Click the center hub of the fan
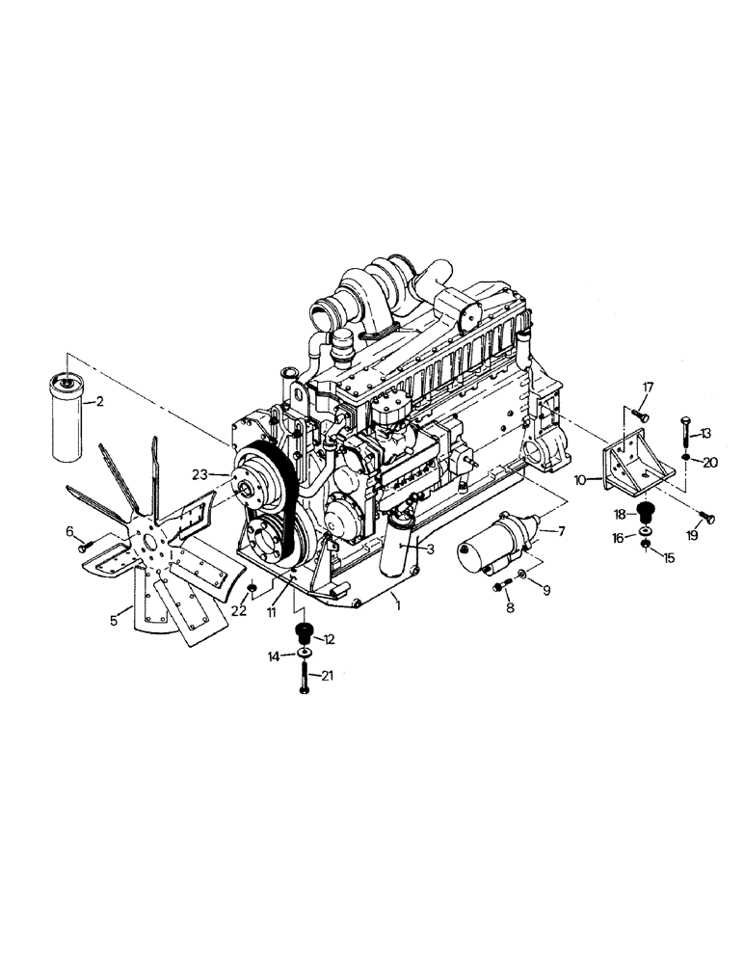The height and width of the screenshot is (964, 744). [x=155, y=549]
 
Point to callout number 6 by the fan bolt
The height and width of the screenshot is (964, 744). [x=69, y=531]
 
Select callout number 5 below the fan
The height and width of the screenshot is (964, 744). [x=115, y=621]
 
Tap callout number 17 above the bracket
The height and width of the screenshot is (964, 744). [x=648, y=388]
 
